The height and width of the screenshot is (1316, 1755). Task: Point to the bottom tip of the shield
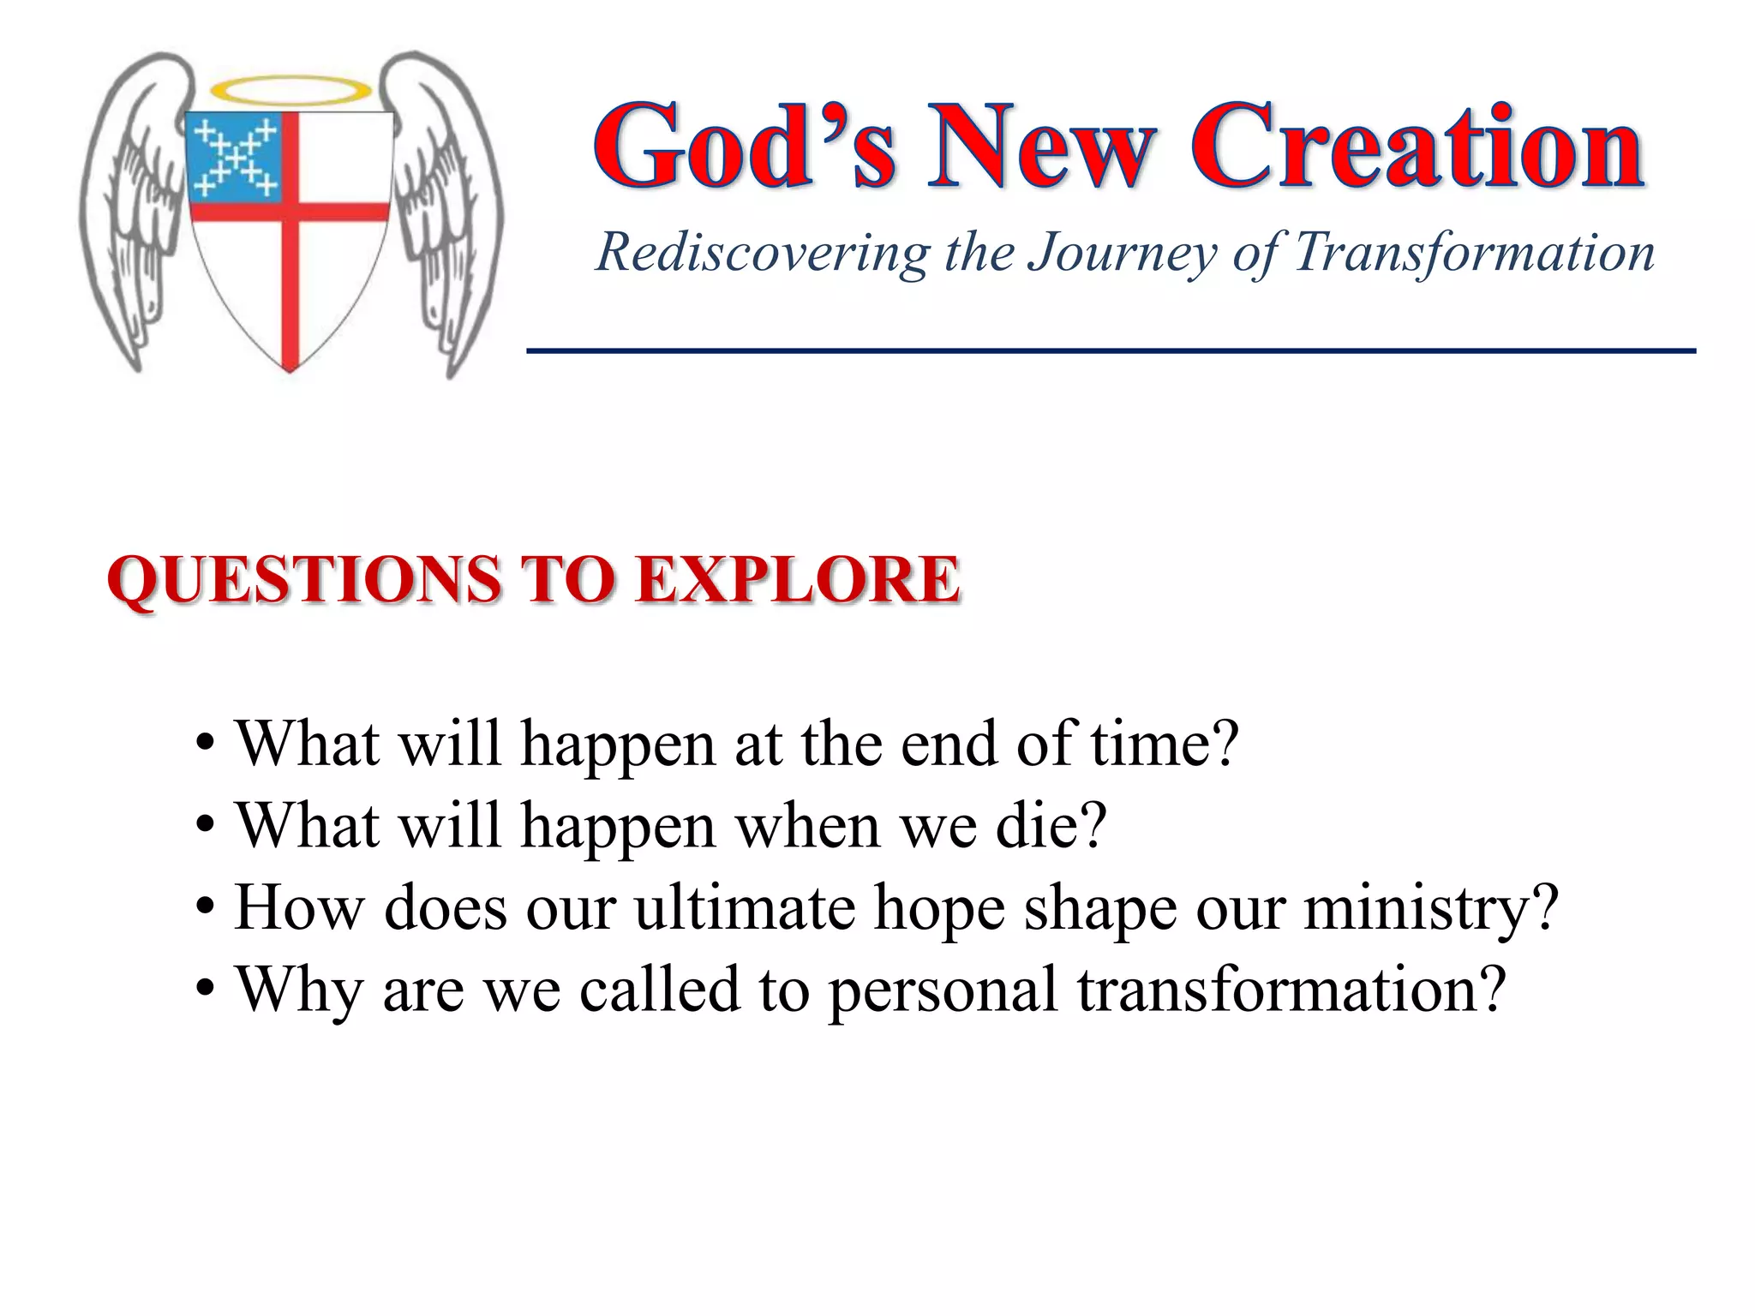[x=290, y=367]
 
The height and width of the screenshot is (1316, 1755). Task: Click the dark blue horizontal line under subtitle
[x=1111, y=350]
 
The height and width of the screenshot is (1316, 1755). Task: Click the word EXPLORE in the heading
[x=799, y=581]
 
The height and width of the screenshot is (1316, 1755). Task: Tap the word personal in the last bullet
[x=943, y=990]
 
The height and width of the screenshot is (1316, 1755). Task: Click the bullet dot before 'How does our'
[x=205, y=907]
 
